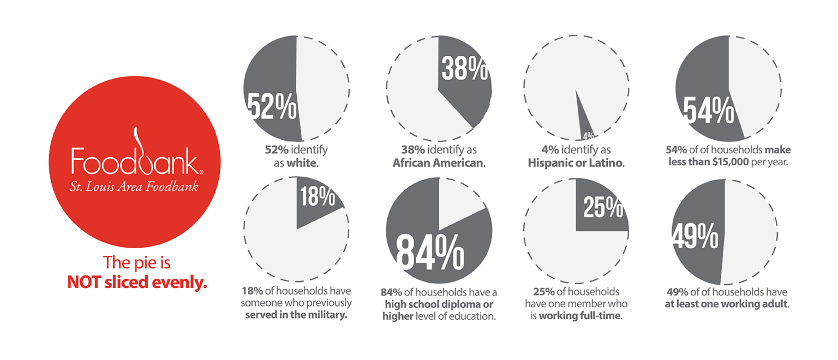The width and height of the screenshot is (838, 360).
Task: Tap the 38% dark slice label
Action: coord(465,70)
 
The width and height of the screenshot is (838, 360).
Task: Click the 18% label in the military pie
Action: coord(317,197)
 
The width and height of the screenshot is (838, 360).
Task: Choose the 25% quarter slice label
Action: coord(603,207)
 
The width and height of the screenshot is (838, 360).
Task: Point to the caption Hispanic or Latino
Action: coord(576,163)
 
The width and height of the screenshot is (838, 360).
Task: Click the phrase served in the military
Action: coord(296,315)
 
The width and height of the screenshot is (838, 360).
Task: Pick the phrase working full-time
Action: coord(580,315)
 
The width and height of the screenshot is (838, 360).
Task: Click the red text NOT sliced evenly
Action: coord(137,283)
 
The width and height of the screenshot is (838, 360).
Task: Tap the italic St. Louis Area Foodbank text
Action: coord(134,187)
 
